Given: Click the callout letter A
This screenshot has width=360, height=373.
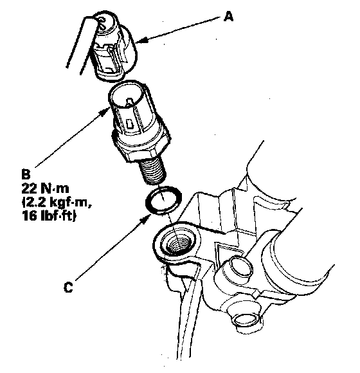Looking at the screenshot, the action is (228, 17).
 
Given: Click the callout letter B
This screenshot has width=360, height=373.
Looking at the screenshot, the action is (26, 174).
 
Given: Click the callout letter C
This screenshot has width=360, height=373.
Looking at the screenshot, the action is (68, 287).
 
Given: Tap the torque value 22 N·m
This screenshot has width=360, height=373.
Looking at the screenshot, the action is (45, 188).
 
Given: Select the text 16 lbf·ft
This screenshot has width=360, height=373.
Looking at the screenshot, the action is (50, 215).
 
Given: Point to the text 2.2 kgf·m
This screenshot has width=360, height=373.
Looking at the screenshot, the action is (58, 203).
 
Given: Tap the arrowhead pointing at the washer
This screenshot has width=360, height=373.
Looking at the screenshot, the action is (145, 218).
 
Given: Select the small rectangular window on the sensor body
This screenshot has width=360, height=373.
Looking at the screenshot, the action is (129, 123).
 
